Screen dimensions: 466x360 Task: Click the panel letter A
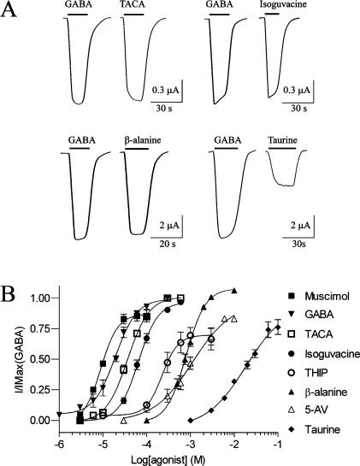pyautogui.click(x=11, y=10)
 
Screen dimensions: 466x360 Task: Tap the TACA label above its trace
pyautogui.click(x=132, y=6)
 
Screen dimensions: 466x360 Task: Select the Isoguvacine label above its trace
pyautogui.click(x=279, y=6)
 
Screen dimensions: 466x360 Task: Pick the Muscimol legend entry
pyautogui.click(x=316, y=298)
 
